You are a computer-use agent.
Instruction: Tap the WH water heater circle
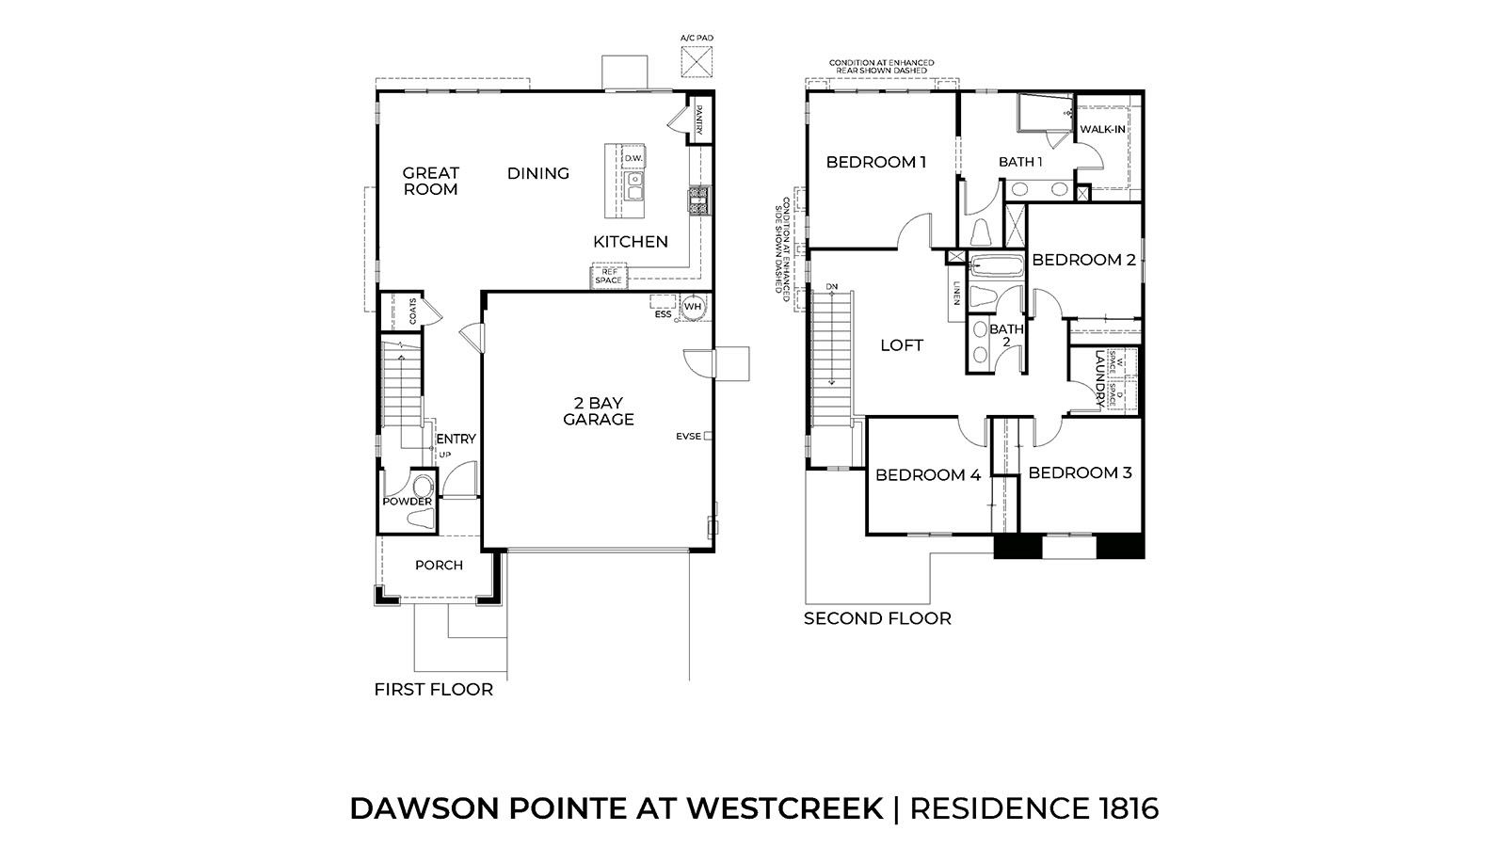pyautogui.click(x=693, y=307)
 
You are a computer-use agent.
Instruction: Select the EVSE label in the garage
pyautogui.click(x=688, y=436)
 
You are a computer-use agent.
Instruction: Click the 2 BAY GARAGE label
pyautogui.click(x=599, y=411)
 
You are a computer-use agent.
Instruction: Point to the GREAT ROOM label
pyautogui.click(x=431, y=181)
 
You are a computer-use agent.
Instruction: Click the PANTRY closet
pyautogui.click(x=699, y=120)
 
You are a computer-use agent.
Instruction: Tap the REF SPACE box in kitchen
pyautogui.click(x=608, y=277)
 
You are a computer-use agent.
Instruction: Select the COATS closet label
pyautogui.click(x=412, y=310)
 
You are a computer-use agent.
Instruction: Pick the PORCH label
pyautogui.click(x=439, y=566)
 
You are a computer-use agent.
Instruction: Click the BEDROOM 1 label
pyautogui.click(x=875, y=162)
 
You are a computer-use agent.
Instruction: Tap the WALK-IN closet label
pyautogui.click(x=1102, y=129)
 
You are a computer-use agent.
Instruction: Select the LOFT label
pyautogui.click(x=901, y=345)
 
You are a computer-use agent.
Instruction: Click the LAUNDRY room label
pyautogui.click(x=1098, y=379)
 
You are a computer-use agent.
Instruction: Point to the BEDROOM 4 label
pyautogui.click(x=927, y=475)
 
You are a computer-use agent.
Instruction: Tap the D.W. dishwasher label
pyautogui.click(x=633, y=158)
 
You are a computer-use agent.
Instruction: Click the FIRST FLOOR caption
pyautogui.click(x=433, y=690)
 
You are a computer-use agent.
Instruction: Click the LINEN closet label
pyautogui.click(x=955, y=294)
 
